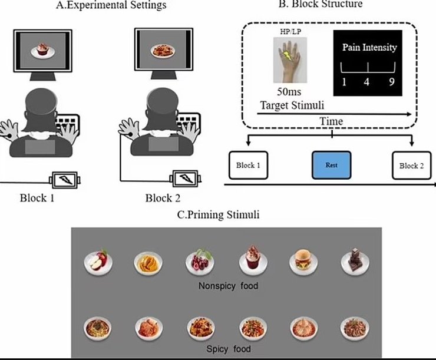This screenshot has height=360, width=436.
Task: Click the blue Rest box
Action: click(x=331, y=166)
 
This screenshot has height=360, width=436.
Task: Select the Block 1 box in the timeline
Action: click(x=249, y=166)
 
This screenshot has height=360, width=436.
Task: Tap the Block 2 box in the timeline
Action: click(x=412, y=166)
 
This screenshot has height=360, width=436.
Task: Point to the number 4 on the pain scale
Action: click(x=366, y=82)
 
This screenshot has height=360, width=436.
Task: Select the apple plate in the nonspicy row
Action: click(x=97, y=261)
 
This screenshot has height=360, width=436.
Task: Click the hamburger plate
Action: click(x=300, y=261)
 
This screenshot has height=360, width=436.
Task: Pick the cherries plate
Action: click(x=198, y=261)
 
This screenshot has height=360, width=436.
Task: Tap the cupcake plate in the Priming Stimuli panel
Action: click(x=249, y=260)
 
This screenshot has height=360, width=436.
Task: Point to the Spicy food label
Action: click(x=228, y=349)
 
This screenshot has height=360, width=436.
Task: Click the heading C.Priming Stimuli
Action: click(x=218, y=215)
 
